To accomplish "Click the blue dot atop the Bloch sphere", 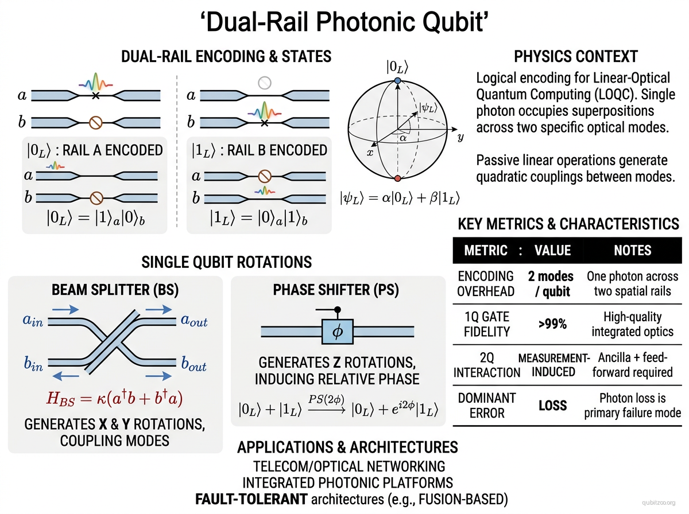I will click(397, 83).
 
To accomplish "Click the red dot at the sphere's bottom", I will click(397, 178).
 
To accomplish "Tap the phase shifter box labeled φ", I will click(337, 331).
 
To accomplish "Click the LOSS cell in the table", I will click(552, 406).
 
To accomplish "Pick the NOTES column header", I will click(632, 250).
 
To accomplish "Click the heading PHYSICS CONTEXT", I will click(575, 57).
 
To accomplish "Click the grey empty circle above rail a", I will click(264, 83).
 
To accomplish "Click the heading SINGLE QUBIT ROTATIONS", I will click(227, 262).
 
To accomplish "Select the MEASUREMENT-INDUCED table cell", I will click(553, 365).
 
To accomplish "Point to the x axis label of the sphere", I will click(370, 153).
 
